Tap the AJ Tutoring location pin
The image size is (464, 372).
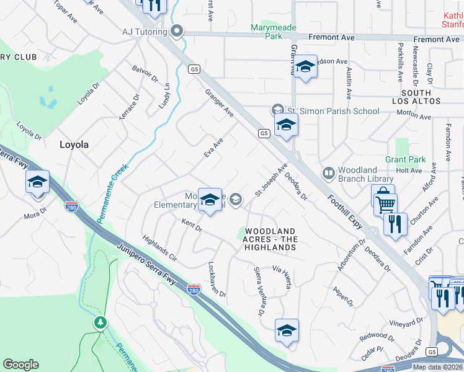point(177,31)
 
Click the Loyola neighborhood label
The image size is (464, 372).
point(74,144)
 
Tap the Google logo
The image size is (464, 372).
point(20,365)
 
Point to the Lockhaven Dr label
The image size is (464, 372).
point(218,279)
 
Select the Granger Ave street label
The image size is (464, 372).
point(220,103)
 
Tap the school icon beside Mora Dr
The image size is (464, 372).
point(37,182)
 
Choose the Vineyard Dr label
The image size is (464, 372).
point(406,322)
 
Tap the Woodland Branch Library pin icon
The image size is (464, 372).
point(328,172)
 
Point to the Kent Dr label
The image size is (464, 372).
point(192,224)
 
